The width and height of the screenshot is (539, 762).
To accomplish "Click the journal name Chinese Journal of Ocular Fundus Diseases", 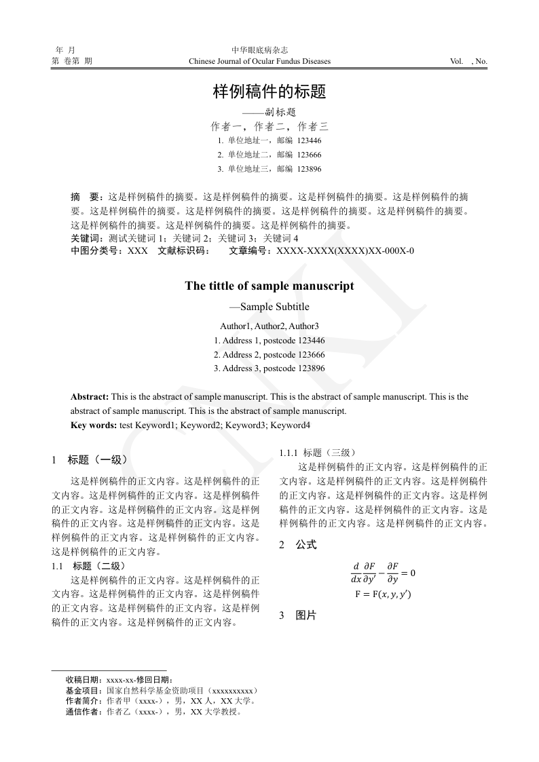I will click(260, 62).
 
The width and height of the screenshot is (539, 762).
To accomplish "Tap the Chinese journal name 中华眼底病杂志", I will click(260, 50).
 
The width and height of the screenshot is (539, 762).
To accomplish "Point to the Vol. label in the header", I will click(457, 62).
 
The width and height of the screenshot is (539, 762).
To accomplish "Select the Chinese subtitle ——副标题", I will click(269, 113).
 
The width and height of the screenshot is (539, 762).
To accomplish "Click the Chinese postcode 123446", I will click(309, 140).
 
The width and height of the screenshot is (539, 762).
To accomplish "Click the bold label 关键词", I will click(85, 238).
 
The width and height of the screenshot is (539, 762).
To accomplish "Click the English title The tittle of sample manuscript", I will click(269, 286).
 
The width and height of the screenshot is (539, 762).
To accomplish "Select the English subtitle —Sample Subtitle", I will click(269, 307).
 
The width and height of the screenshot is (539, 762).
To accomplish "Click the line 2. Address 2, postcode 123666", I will click(269, 355).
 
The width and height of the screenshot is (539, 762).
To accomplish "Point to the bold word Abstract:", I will click(90, 397).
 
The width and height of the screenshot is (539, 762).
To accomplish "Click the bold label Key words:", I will click(94, 425).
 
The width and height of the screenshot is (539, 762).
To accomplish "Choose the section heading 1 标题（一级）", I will click(90, 460).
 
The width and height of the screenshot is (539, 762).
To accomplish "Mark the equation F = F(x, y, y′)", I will click(383, 595).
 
